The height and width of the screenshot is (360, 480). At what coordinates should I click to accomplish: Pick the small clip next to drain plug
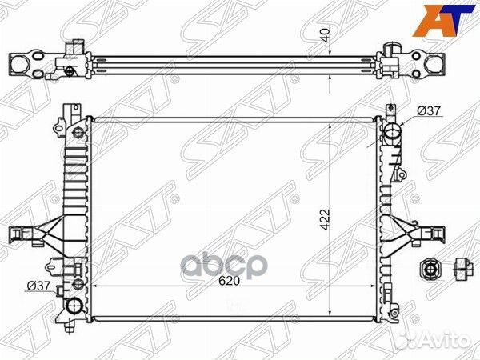[462, 268]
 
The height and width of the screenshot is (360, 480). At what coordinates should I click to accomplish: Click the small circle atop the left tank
[76, 132]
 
